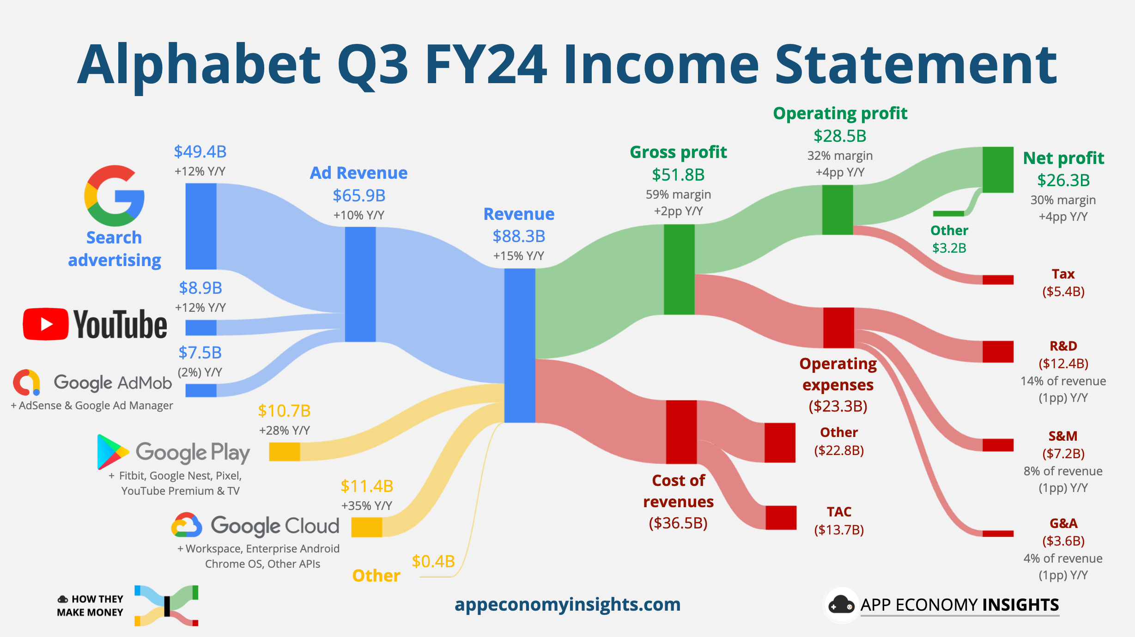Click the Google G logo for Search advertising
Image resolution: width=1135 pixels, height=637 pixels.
(x=114, y=195)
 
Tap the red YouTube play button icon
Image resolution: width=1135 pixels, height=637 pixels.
(x=46, y=324)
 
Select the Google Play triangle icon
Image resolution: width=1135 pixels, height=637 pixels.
(x=112, y=452)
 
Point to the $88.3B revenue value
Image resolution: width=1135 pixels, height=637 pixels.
(x=519, y=236)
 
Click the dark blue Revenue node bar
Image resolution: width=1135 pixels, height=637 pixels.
(x=519, y=346)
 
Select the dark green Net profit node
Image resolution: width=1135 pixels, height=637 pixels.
(x=998, y=170)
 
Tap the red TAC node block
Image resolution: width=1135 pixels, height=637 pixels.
(x=781, y=517)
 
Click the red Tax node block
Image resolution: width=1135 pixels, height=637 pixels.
(x=998, y=279)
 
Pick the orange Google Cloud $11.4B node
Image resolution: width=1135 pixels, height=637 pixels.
(x=366, y=527)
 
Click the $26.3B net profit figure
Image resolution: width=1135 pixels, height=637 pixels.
(x=1063, y=180)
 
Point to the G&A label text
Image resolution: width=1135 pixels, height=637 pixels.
(x=1063, y=523)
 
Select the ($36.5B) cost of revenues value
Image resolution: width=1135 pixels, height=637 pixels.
(x=678, y=523)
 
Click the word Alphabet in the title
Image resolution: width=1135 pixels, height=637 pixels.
(x=199, y=65)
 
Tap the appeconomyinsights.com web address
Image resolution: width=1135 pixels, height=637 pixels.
(x=567, y=604)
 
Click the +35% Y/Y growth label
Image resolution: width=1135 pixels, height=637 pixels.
(x=366, y=505)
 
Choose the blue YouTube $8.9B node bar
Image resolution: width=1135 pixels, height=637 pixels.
(x=201, y=328)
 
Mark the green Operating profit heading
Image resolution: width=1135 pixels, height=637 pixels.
(x=840, y=113)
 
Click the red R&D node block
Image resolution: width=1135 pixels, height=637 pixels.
(x=998, y=352)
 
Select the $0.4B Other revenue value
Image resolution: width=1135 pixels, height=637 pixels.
(x=433, y=561)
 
